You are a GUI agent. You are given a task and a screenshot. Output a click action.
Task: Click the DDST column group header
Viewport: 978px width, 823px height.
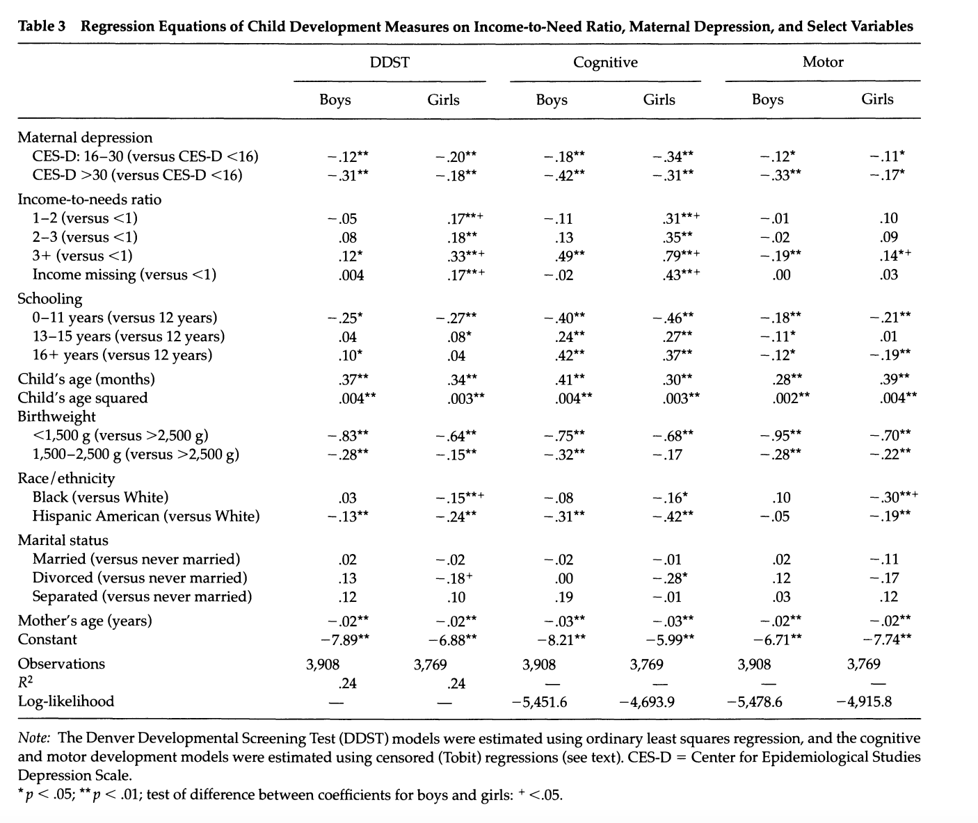click(x=390, y=63)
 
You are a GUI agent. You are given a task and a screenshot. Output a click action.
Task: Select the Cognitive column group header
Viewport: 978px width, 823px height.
click(x=605, y=63)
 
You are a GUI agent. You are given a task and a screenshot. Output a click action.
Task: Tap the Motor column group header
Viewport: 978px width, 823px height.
click(x=822, y=62)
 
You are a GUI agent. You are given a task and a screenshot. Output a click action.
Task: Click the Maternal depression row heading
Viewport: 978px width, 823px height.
click(x=85, y=137)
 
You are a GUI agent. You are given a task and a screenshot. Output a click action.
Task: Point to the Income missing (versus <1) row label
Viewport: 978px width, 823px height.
click(x=124, y=275)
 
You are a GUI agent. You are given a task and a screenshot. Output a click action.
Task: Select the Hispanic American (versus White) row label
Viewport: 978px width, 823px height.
click(x=145, y=516)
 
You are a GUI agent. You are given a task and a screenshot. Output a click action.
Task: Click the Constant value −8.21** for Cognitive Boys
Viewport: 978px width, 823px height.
click(x=561, y=639)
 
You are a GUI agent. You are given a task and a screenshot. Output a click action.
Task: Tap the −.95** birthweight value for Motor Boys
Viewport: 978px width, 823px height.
click(x=780, y=435)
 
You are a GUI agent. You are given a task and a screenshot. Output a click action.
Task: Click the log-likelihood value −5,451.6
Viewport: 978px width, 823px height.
click(x=539, y=702)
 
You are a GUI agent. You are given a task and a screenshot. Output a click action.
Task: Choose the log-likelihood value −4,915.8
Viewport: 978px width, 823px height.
click(x=864, y=701)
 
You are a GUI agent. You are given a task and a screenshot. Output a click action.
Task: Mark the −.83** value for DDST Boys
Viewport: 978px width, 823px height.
click(x=348, y=436)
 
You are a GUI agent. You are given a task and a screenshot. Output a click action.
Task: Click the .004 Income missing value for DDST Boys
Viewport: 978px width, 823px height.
click(x=351, y=275)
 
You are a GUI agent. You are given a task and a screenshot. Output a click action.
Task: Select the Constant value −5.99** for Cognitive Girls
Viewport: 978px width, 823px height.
click(x=670, y=639)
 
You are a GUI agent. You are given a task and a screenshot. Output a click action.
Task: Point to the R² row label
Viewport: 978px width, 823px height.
click(x=25, y=682)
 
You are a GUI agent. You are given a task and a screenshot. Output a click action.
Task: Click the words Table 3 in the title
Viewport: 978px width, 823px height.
click(x=42, y=26)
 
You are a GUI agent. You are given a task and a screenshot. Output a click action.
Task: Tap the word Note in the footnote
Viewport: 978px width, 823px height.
click(x=33, y=738)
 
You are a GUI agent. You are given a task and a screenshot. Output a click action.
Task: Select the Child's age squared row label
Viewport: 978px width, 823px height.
click(x=83, y=398)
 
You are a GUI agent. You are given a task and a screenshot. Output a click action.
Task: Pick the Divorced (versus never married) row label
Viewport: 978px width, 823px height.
click(x=140, y=578)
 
